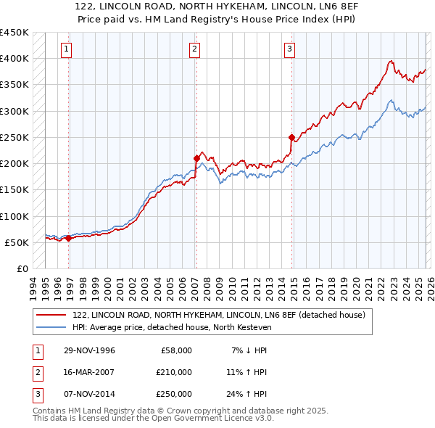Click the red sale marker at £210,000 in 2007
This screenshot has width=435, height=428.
[196, 157]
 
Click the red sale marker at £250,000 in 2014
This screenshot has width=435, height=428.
[291, 136]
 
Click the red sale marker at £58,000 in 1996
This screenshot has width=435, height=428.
[69, 238]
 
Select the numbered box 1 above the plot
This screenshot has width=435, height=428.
[66, 49]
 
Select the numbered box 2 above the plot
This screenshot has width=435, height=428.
[195, 49]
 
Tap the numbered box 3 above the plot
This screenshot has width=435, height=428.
[289, 49]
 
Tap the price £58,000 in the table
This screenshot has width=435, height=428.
[174, 350]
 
